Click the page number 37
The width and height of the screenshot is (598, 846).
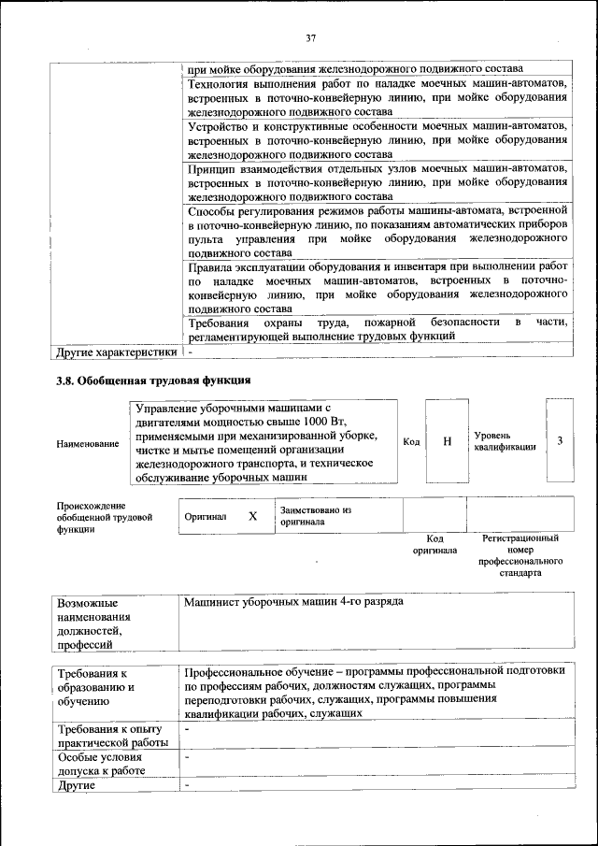click(x=311, y=37)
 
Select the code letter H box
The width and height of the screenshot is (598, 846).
click(x=448, y=440)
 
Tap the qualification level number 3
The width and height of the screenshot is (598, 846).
click(x=560, y=440)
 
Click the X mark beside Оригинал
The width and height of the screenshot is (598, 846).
click(x=252, y=516)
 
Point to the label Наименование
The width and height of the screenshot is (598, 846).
click(x=88, y=443)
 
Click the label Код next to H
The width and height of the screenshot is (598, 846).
click(x=410, y=441)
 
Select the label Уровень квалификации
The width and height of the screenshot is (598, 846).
click(x=505, y=441)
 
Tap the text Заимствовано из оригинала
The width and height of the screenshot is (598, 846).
click(x=314, y=516)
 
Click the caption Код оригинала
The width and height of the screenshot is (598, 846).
click(x=434, y=544)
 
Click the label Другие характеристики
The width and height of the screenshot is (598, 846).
click(x=116, y=353)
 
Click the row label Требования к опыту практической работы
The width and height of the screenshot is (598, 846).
click(x=111, y=736)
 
